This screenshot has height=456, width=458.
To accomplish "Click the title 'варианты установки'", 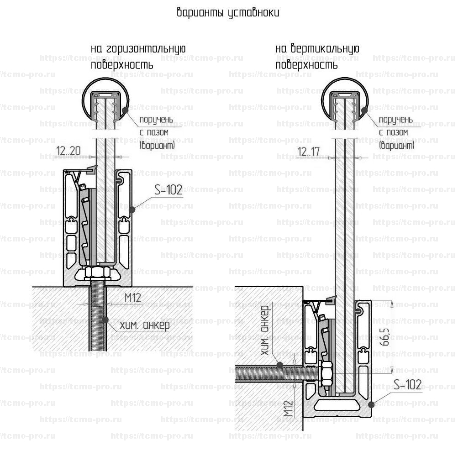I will click(x=228, y=13).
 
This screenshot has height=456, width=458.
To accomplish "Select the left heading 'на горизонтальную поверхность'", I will click(x=137, y=57).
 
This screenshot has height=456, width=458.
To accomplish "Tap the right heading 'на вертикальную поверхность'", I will click(x=317, y=57).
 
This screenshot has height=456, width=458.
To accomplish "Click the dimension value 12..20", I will click(x=69, y=151).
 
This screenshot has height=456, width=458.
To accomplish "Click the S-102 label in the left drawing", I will click(x=168, y=190).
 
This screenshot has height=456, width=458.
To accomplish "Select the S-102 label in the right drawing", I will click(x=406, y=384).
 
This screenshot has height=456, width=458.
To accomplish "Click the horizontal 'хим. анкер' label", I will click(x=145, y=325).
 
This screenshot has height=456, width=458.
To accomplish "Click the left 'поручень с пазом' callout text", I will click(x=157, y=132).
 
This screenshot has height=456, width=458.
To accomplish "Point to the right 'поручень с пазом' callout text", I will click(x=397, y=132).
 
